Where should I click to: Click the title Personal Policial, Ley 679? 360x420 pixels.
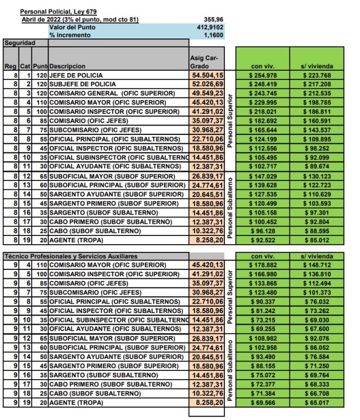(58, 12)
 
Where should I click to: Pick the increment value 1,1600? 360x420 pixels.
(213, 35)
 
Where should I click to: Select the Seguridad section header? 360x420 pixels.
(19, 43)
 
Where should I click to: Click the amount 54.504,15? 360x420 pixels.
(207, 75)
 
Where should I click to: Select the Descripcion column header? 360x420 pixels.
(67, 66)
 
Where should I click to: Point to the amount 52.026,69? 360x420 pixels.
(207, 84)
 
